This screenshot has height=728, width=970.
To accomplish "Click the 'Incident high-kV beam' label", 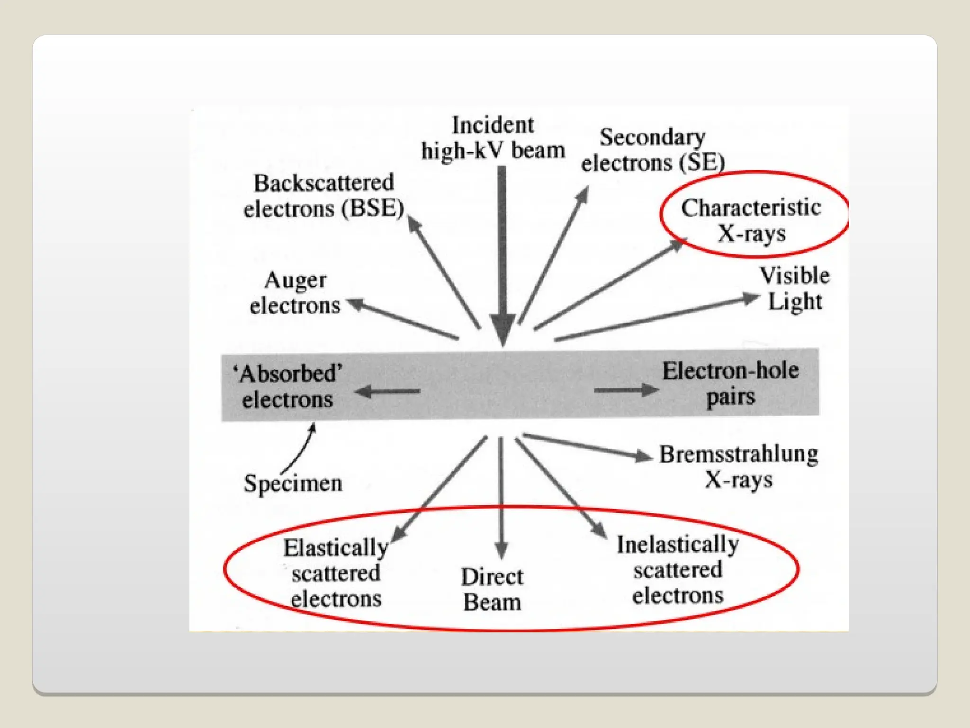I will click(493, 138).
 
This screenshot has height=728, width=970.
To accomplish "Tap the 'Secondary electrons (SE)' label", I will click(653, 150).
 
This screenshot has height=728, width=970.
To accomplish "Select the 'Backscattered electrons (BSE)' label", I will click(323, 196).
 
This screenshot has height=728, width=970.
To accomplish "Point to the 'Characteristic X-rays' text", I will click(751, 220).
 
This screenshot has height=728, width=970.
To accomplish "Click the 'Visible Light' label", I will click(795, 288).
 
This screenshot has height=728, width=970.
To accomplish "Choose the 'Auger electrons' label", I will click(295, 293).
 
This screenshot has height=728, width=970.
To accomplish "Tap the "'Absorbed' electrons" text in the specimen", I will click(287, 386).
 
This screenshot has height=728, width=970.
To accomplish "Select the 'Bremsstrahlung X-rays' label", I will click(739, 467).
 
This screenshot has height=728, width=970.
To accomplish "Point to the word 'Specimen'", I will click(293, 483).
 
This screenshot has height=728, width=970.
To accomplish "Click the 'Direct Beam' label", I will click(493, 590).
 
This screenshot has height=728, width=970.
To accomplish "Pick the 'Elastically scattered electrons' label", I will click(336, 573).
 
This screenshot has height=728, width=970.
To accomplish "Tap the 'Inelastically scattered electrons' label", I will click(678, 570).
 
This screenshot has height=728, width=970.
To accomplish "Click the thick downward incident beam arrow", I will click(503, 256).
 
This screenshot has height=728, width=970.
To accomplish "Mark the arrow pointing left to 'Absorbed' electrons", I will click(387, 391).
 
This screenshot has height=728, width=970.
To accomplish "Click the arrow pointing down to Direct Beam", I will click(502, 498).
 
